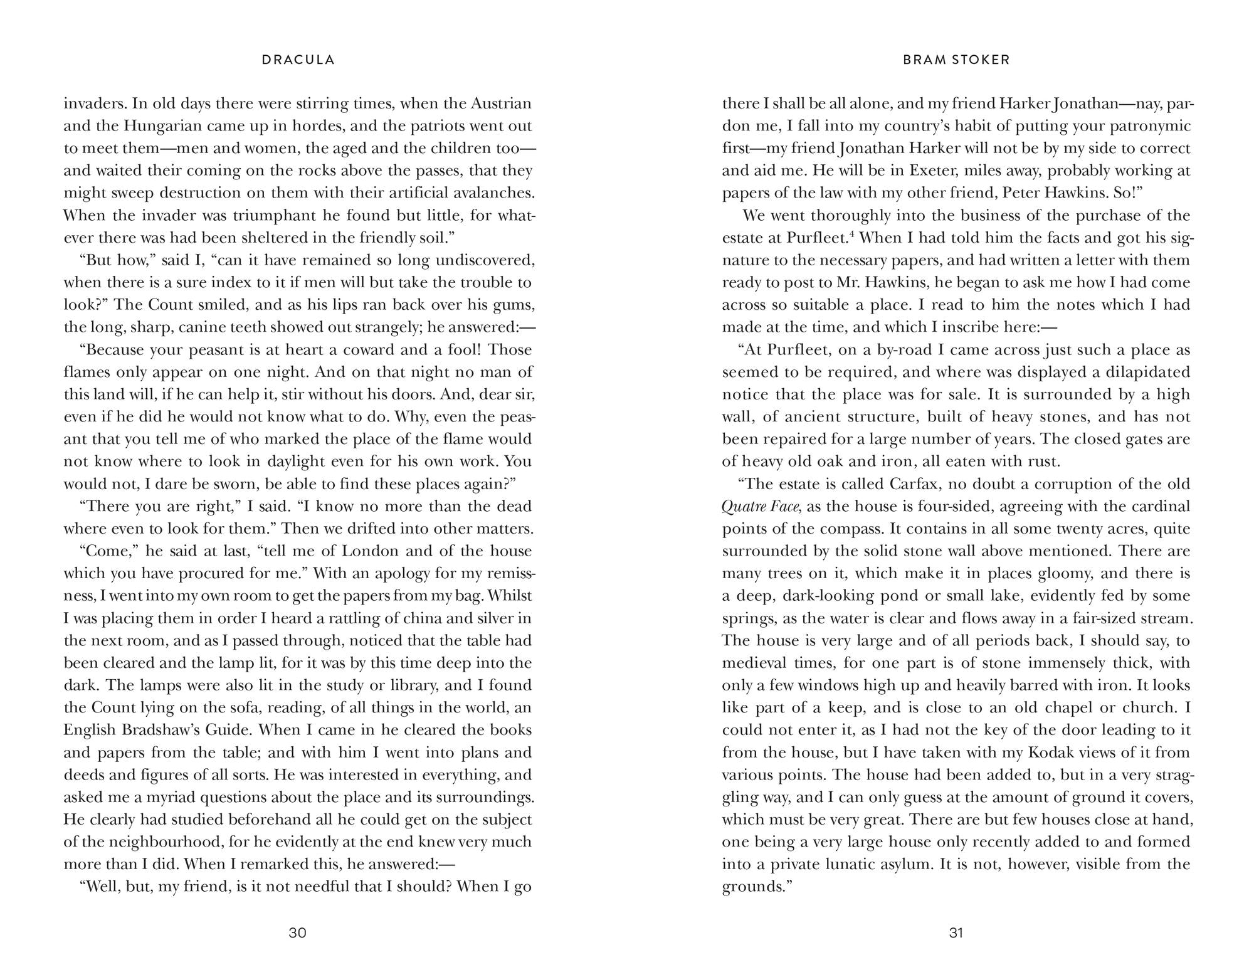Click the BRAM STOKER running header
(x=956, y=60)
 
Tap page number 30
(x=297, y=932)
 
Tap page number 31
(x=956, y=932)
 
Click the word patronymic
(x=1147, y=126)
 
